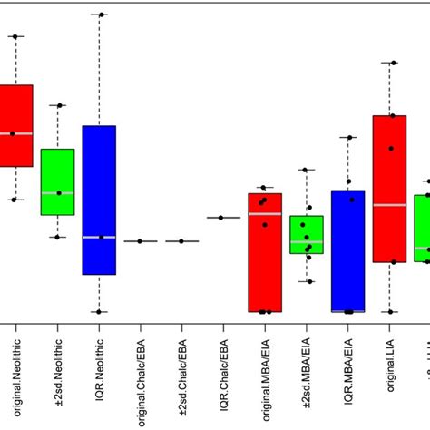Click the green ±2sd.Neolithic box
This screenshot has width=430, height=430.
57,181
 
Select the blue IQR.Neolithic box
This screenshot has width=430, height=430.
99,200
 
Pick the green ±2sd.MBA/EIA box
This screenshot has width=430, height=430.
308,234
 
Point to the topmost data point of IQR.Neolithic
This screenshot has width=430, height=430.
101,15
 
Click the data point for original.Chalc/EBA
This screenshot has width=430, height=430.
140,241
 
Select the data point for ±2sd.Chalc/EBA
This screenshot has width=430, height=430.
181,241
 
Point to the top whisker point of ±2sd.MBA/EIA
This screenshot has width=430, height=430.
307,170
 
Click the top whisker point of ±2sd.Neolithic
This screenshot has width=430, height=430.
59,106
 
